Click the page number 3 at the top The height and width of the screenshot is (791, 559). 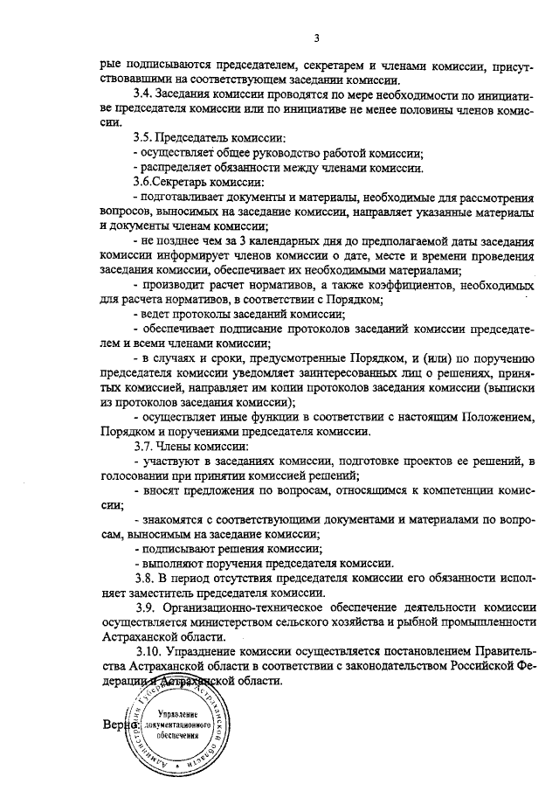click(317, 38)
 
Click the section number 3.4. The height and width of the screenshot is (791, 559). click(143, 94)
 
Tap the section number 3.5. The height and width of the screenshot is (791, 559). click(143, 138)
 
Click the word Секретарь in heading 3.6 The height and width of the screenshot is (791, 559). click(187, 182)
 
